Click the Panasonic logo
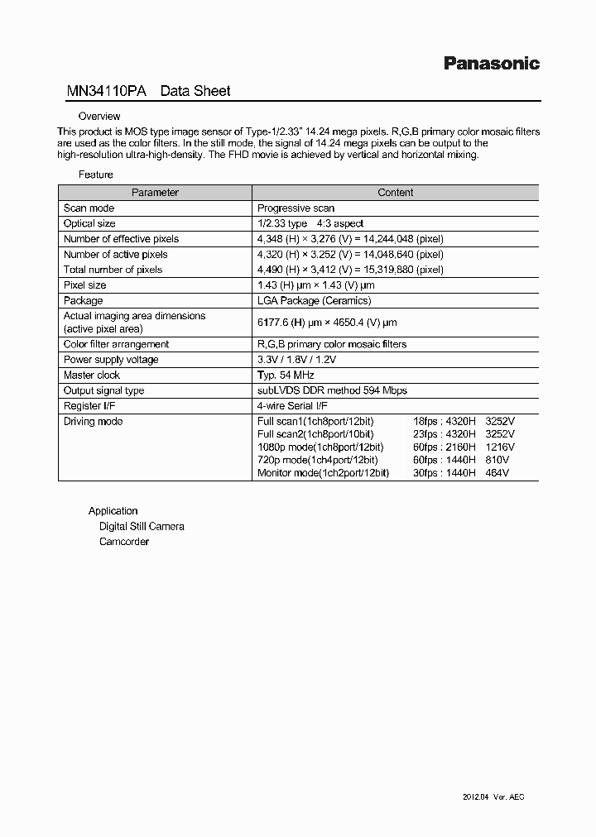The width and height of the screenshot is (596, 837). [x=492, y=63]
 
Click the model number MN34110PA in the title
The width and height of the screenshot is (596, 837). [x=106, y=91]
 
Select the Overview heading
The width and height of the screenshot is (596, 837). [x=99, y=117]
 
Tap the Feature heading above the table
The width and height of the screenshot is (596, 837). [x=96, y=175]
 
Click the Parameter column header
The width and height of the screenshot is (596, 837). [x=155, y=192]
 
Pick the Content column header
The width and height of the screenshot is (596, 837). [x=395, y=192]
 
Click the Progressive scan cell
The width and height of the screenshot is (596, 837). [x=296, y=208]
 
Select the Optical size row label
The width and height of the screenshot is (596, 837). [x=89, y=223]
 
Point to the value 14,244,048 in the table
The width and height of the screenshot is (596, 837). [x=384, y=239]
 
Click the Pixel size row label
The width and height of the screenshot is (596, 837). [x=84, y=285]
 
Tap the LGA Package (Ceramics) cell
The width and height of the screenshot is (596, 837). [x=314, y=300]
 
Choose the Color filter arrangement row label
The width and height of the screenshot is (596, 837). [x=116, y=344]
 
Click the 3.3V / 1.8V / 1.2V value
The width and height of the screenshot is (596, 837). [x=296, y=360]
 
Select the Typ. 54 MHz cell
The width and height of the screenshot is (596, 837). [x=285, y=375]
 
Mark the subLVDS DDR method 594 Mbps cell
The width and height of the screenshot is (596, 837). [x=332, y=390]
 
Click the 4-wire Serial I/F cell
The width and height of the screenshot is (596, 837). [x=293, y=406]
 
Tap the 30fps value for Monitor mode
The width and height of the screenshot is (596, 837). [x=425, y=473]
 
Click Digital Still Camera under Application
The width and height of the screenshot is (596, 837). [x=142, y=526]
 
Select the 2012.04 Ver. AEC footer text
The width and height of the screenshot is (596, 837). [x=493, y=796]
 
